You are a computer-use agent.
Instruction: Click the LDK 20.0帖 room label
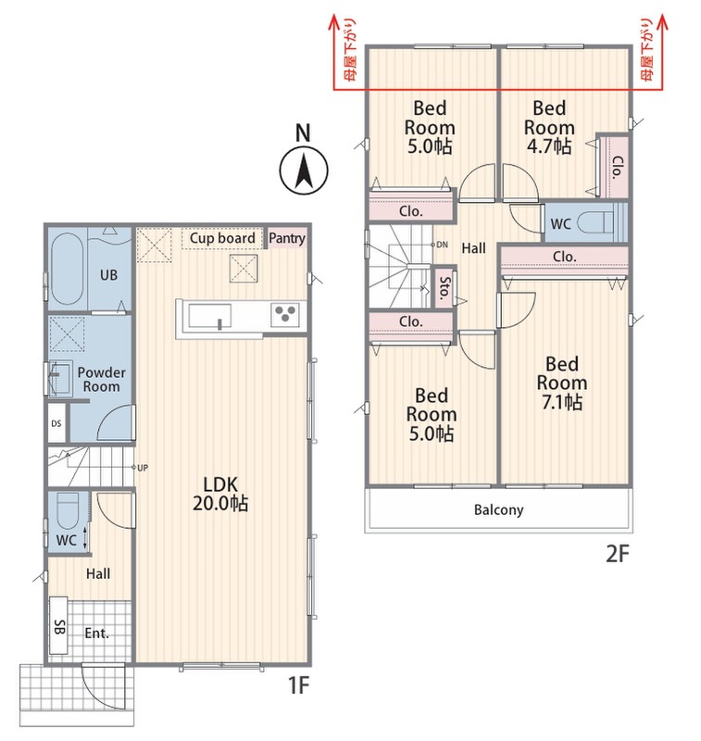[x=220, y=494]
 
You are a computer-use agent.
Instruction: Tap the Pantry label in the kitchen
[x=287, y=238]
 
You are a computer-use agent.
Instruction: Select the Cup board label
[x=222, y=238]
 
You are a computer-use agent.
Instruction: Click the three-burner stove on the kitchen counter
[x=285, y=314]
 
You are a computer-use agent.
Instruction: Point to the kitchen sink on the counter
[x=209, y=316]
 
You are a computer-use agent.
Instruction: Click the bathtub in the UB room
[x=67, y=269]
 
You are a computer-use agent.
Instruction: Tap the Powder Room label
[x=101, y=379]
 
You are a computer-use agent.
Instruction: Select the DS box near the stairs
[x=56, y=423]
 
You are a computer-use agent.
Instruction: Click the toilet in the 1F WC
[x=68, y=510]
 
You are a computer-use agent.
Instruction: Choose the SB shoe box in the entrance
[x=59, y=627]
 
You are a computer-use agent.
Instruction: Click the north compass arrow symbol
[x=303, y=171]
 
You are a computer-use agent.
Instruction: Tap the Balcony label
[x=498, y=510]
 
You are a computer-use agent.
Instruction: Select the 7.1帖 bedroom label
[x=562, y=383]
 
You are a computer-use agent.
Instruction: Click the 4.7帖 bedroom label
[x=549, y=127]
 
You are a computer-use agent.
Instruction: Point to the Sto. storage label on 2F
[x=444, y=288]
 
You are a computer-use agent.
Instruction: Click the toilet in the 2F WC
[x=595, y=222]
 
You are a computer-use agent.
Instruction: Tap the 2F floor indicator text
[x=618, y=553]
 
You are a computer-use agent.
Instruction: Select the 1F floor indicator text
[x=298, y=684]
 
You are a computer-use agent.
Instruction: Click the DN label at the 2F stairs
[x=442, y=245]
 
